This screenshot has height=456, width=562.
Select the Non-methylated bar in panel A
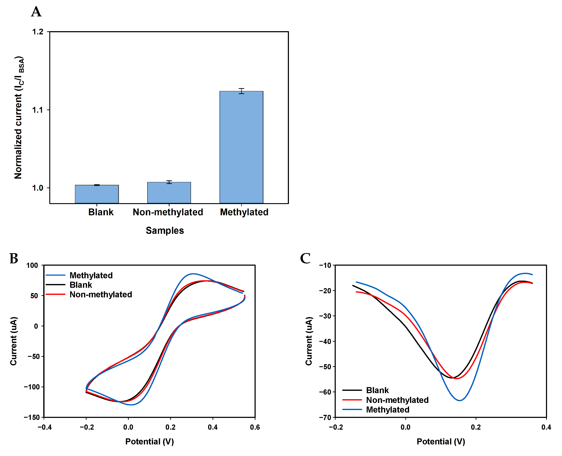point(169,192)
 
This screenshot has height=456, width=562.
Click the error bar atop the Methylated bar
point(241,91)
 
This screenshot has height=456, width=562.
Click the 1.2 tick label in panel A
point(38,32)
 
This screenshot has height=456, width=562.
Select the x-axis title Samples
point(165,230)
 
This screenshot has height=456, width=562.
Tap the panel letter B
point(14,259)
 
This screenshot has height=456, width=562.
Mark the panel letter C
point(305,259)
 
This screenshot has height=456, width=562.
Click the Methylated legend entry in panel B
point(91,275)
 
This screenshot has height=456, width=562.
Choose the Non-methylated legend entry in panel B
point(101,295)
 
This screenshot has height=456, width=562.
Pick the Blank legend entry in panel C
point(377,390)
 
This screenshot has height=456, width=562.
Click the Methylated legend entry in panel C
point(388,410)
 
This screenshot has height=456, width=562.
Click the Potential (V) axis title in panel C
point(441,442)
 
